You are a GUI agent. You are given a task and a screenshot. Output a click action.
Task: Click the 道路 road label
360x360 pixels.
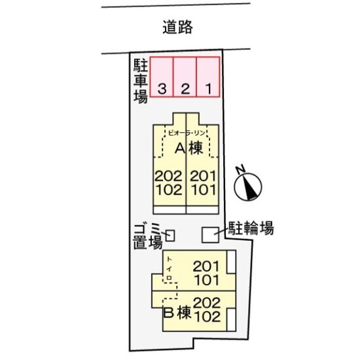click(x=177, y=27)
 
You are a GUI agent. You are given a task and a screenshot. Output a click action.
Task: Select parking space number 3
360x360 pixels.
click(x=162, y=77)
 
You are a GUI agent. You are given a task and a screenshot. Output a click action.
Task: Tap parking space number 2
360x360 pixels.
click(x=185, y=77)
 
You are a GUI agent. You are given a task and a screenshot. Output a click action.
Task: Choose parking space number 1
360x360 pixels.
click(x=208, y=77)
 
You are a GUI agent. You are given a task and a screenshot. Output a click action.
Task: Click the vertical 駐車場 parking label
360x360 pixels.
click(x=141, y=81)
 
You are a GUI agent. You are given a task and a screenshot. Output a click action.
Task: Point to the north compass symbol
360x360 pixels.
click(x=248, y=187)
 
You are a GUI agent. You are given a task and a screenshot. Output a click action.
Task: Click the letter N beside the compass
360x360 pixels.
click(x=240, y=170)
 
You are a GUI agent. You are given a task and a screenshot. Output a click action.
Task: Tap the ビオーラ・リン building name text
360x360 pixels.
click(x=187, y=133)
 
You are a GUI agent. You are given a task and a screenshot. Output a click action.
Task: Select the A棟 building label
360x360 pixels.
click(x=189, y=149)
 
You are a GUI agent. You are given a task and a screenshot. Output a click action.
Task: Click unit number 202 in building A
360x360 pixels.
click(x=169, y=176)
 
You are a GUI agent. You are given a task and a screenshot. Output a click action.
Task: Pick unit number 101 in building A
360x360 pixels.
click(x=204, y=190)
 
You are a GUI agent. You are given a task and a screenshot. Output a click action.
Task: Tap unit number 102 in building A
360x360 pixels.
click(x=170, y=190)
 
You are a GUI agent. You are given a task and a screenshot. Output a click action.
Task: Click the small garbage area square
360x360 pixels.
click(x=170, y=236)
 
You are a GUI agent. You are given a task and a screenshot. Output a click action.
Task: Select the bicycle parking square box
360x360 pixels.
click(x=210, y=235)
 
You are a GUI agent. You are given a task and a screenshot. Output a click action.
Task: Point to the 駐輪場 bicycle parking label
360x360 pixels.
click(x=251, y=228)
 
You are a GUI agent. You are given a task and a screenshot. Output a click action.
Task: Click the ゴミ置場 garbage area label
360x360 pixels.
click(x=148, y=237)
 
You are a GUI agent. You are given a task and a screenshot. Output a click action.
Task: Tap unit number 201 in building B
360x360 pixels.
click(x=206, y=266)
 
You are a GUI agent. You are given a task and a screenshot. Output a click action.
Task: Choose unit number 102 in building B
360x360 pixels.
click(x=207, y=317)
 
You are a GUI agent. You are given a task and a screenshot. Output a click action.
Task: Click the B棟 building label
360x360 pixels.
click(x=177, y=312)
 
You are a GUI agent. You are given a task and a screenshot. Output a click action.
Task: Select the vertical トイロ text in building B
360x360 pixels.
click(x=169, y=268)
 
